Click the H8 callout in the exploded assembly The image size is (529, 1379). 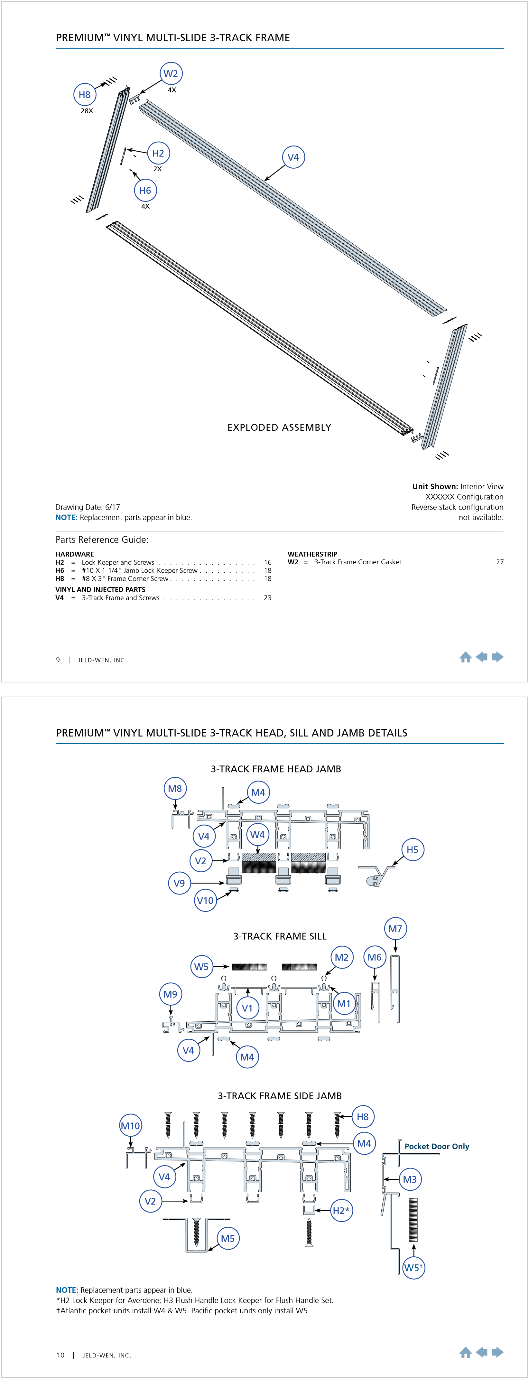85,95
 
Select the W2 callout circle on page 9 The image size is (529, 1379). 171,74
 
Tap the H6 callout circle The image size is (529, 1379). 145,190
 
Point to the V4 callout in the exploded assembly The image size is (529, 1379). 293,157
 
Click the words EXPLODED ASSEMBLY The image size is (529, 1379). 279,427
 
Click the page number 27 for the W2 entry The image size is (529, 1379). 500,562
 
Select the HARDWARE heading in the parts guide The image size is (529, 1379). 74,554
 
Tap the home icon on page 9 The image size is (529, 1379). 465,657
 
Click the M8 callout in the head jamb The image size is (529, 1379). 175,789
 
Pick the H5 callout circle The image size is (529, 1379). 413,849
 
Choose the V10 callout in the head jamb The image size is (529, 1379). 205,900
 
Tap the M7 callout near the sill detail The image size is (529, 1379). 395,929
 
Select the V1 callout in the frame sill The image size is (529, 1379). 247,1008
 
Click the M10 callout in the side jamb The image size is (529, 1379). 131,1126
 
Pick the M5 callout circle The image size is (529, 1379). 228,1238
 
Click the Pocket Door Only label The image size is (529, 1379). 436,1146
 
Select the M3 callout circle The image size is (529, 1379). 410,1179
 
